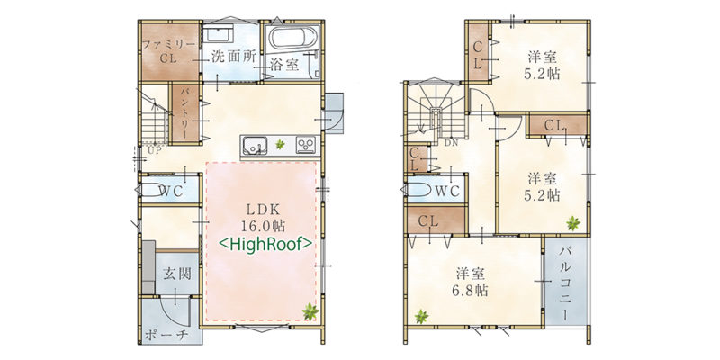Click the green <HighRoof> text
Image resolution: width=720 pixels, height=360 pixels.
265,244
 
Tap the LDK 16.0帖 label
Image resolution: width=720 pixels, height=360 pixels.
263,218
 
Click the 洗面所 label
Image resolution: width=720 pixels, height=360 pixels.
233,56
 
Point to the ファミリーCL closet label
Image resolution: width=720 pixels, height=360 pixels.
169,51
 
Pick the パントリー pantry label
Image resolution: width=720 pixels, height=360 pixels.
186,114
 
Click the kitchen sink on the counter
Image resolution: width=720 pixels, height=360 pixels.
254,145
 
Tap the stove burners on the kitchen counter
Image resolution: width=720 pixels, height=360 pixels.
306,145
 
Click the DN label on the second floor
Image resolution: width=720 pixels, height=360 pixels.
451,142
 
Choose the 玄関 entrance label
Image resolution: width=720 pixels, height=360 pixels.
176,274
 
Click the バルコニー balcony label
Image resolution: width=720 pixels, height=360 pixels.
565,283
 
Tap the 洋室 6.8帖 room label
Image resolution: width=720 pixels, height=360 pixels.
472,282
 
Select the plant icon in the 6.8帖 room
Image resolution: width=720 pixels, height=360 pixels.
421,316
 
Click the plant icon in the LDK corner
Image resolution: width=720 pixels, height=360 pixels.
310,311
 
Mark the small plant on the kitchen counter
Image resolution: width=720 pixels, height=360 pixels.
280,145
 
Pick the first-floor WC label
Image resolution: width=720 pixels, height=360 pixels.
171,191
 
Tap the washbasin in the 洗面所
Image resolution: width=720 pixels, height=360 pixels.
219,34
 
